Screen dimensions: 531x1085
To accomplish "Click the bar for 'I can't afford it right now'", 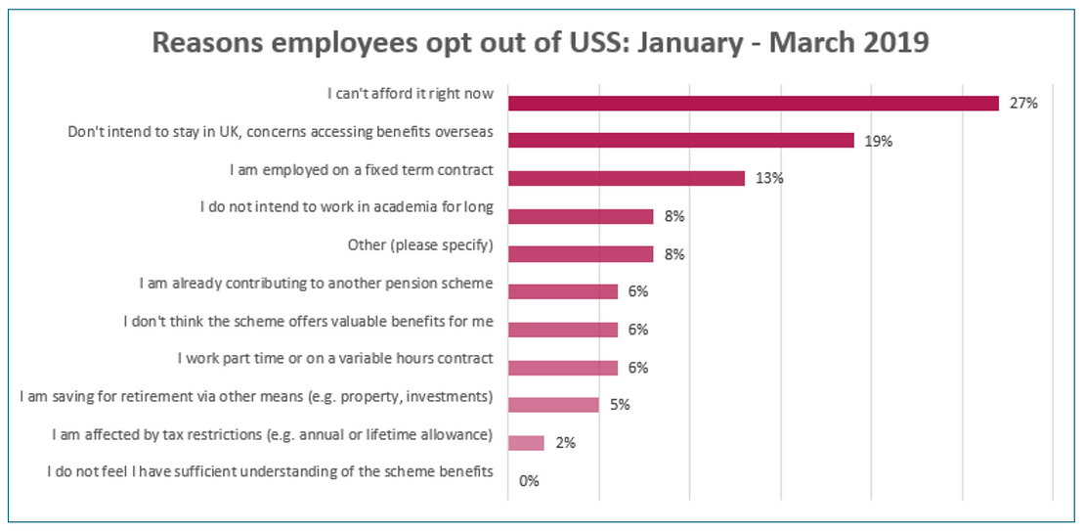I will tap(753, 103).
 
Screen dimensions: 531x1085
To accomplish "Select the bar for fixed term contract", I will tap(627, 178).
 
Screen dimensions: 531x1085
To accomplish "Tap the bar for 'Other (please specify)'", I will tap(581, 254).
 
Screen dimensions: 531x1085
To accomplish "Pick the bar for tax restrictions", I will tap(526, 443).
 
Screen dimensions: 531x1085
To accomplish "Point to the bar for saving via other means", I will tap(553, 405).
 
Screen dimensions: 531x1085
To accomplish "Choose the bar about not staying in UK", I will tap(681, 140).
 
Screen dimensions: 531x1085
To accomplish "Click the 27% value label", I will tap(1023, 103).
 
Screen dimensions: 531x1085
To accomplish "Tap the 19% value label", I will tap(879, 141).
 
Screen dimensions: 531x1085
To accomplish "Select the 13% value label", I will tap(769, 178).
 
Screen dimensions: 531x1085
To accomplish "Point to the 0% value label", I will tap(530, 481).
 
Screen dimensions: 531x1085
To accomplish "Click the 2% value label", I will tap(565, 443).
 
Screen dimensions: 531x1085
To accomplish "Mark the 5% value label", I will tap(620, 405).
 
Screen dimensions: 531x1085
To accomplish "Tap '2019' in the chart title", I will tap(897, 44).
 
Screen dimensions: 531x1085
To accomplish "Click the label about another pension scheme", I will tap(317, 284).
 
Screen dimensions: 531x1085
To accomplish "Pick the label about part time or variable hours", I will tap(335, 359).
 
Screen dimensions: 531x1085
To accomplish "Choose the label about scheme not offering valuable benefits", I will tap(309, 322).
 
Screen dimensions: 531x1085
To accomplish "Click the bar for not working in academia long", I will tap(581, 216).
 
